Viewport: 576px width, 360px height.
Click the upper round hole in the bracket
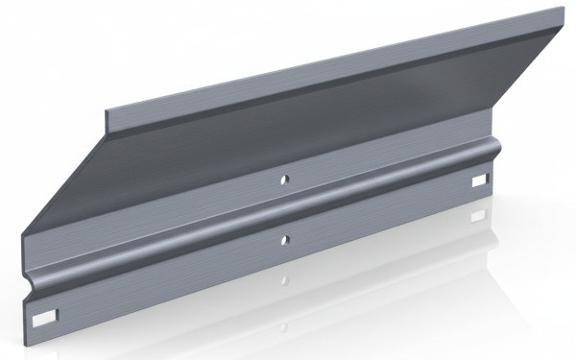[x=284, y=179]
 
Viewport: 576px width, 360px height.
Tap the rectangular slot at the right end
[x=480, y=181]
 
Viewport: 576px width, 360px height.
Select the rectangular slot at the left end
[x=45, y=315]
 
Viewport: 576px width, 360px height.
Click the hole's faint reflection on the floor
[x=285, y=280]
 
